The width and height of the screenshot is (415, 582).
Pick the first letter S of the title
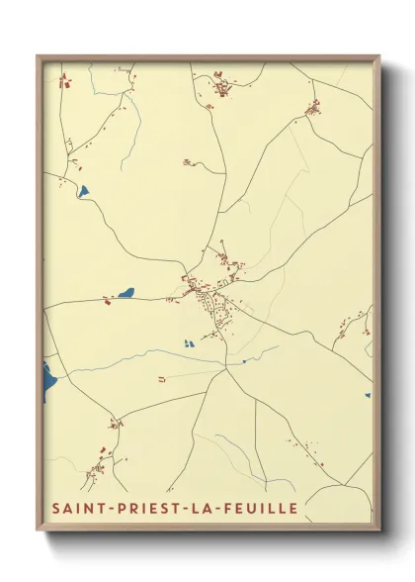click(x=54, y=508)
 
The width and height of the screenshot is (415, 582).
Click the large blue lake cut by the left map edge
click(x=48, y=381)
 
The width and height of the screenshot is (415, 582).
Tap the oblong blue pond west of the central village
click(x=125, y=293)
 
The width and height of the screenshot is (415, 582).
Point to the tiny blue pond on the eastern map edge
click(x=368, y=395)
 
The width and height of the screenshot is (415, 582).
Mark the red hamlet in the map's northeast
click(x=313, y=107)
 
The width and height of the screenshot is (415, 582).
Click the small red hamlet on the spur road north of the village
click(x=187, y=161)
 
